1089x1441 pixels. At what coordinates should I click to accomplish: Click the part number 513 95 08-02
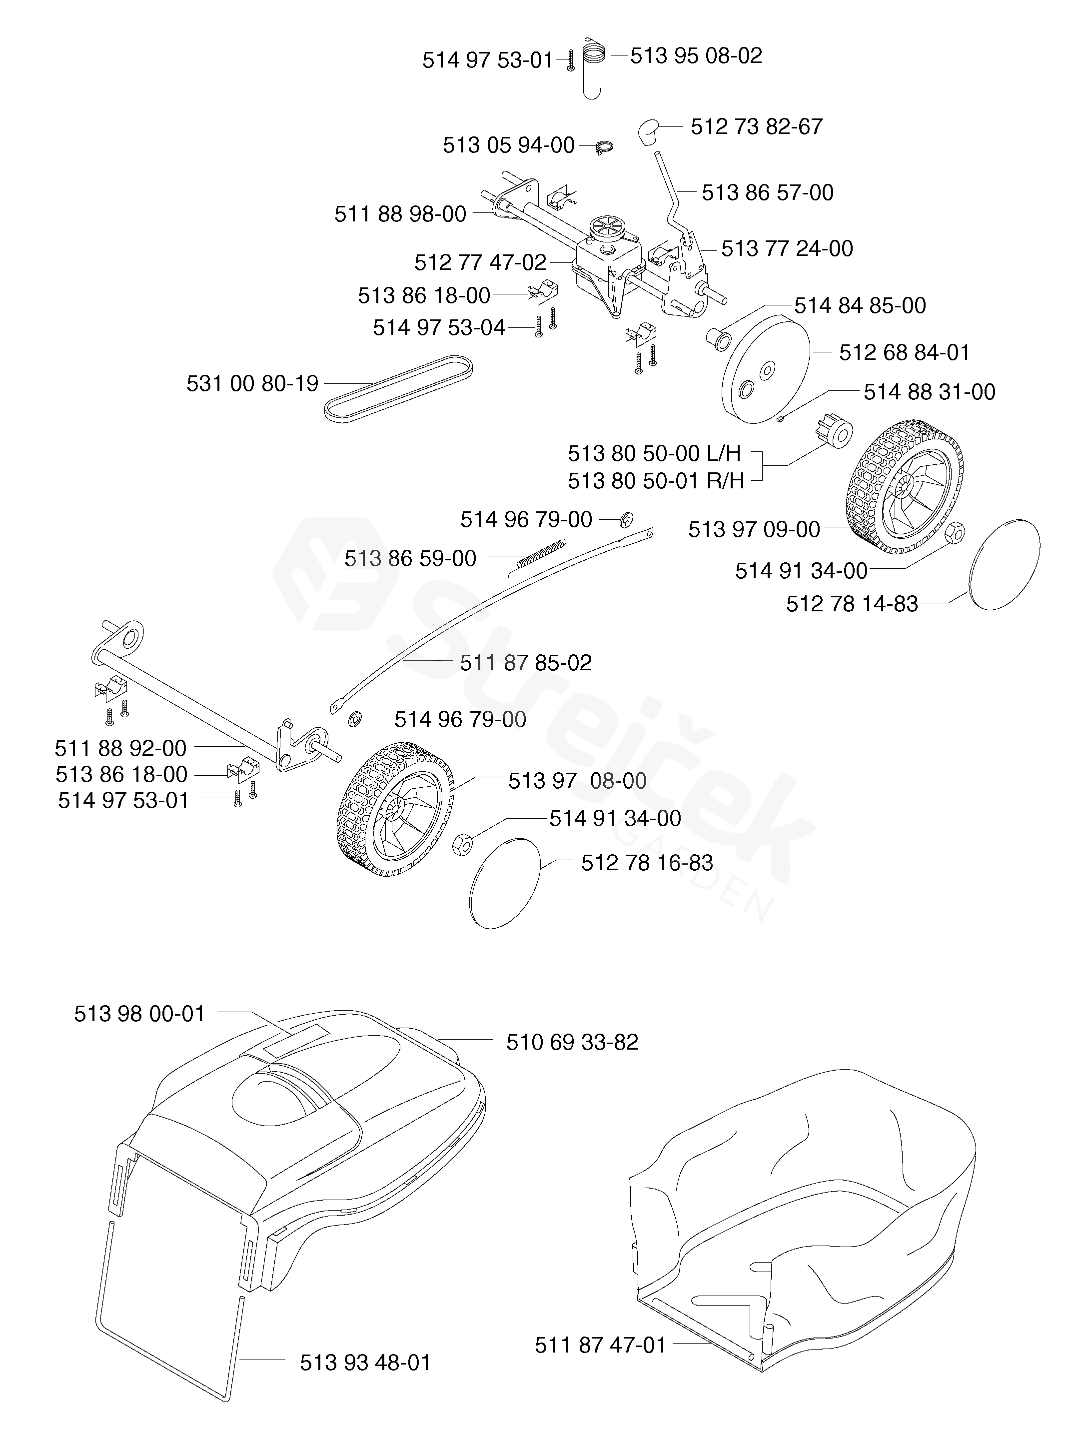point(696,56)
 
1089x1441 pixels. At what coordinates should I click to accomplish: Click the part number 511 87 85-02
point(526,663)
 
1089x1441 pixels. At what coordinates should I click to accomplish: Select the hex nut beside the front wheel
point(462,845)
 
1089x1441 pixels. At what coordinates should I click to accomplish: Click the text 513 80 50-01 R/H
point(655,481)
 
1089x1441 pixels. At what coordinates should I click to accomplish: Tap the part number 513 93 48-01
point(365,1362)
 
